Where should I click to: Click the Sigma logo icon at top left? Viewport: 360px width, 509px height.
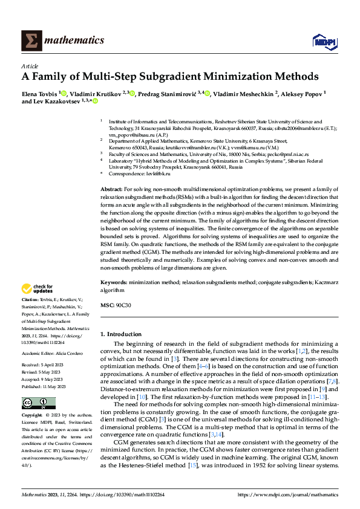(x=31, y=41)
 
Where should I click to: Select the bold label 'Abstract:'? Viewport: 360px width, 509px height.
(x=112, y=190)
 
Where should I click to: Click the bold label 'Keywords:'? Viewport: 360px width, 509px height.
(x=114, y=282)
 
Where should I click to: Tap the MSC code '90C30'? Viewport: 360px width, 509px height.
(x=123, y=305)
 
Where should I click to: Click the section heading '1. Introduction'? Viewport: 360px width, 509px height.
(x=123, y=334)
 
